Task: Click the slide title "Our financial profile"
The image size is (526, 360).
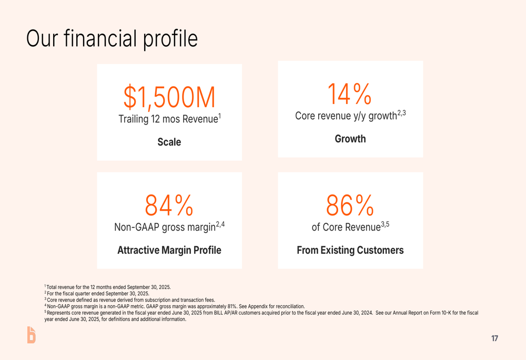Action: [x=112, y=39]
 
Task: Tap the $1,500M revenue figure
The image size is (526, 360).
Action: [x=169, y=97]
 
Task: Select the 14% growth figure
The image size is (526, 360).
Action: [x=350, y=94]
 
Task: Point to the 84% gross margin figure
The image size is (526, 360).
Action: [x=169, y=205]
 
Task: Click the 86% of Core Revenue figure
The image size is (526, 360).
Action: [x=350, y=205]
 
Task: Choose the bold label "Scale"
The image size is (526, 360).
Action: [x=169, y=142]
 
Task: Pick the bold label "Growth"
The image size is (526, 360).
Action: [x=350, y=139]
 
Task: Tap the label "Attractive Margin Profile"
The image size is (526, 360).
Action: [x=169, y=250]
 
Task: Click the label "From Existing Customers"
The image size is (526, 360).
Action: [x=350, y=250]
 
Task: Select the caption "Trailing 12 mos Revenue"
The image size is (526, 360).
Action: [x=168, y=119]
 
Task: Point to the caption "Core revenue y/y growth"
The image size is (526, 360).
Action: [x=346, y=116]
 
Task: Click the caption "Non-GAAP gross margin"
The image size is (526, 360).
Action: [x=165, y=227]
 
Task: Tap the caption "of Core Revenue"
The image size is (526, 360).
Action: [x=346, y=227]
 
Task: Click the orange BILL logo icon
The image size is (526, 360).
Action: [x=31, y=335]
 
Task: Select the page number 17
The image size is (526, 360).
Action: [x=494, y=338]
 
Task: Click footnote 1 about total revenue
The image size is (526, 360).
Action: [x=108, y=287]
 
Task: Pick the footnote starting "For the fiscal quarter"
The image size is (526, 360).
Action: [x=97, y=294]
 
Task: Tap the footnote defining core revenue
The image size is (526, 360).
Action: [x=130, y=300]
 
